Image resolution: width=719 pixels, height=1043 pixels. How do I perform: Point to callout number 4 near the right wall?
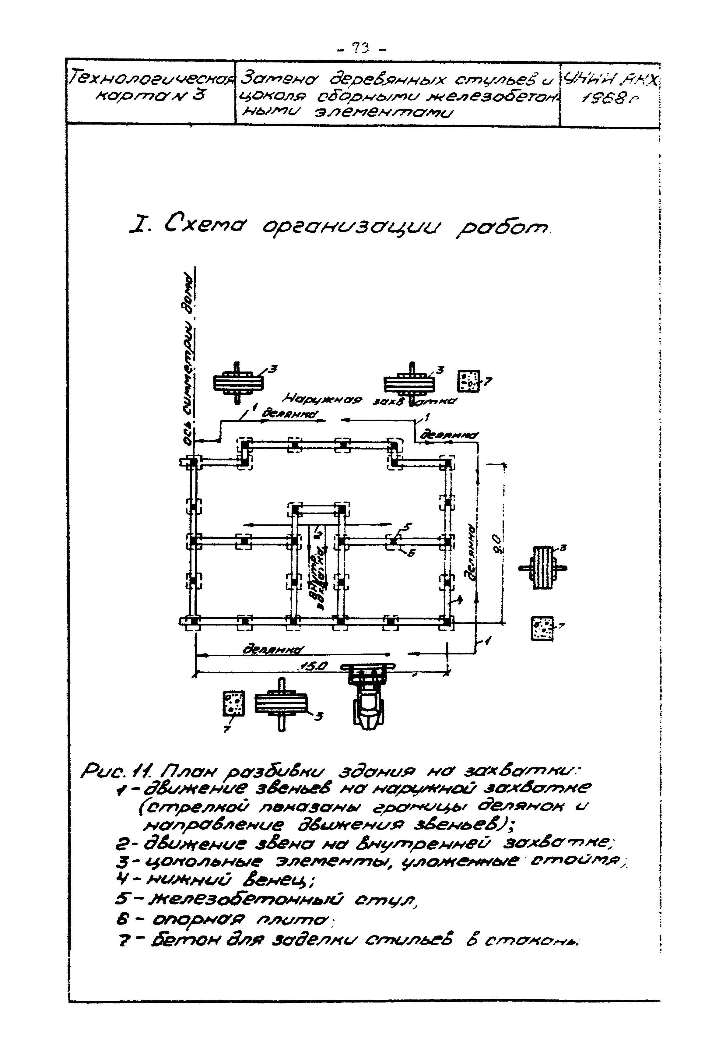point(460,600)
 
